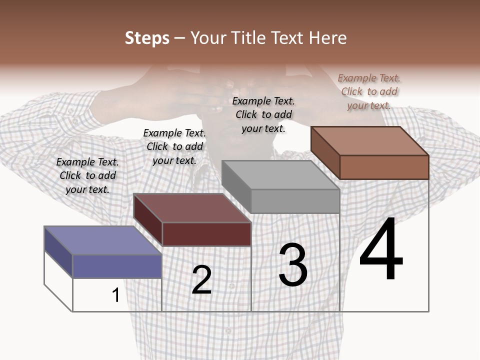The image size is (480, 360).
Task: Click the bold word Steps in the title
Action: click(x=147, y=38)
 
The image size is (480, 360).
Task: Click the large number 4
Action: click(x=381, y=249)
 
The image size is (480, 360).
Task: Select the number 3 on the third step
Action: click(x=293, y=265)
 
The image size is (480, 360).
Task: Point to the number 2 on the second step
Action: click(x=201, y=280)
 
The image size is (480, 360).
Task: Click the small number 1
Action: click(x=115, y=295)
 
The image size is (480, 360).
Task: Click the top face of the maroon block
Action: click(x=192, y=208)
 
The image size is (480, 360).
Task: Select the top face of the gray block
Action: click(x=280, y=175)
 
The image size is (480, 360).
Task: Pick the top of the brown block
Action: click(x=370, y=141)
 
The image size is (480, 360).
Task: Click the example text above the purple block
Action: click(x=87, y=175)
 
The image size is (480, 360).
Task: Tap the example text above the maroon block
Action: click(x=174, y=146)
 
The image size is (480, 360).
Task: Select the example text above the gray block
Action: click(x=263, y=114)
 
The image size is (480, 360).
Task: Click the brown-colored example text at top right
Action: click(x=369, y=91)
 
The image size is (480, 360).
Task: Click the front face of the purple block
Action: click(x=117, y=266)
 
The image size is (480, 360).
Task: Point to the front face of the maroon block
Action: click(x=206, y=234)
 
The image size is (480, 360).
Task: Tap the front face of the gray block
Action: click(x=295, y=201)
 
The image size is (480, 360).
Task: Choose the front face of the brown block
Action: click(x=384, y=167)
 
